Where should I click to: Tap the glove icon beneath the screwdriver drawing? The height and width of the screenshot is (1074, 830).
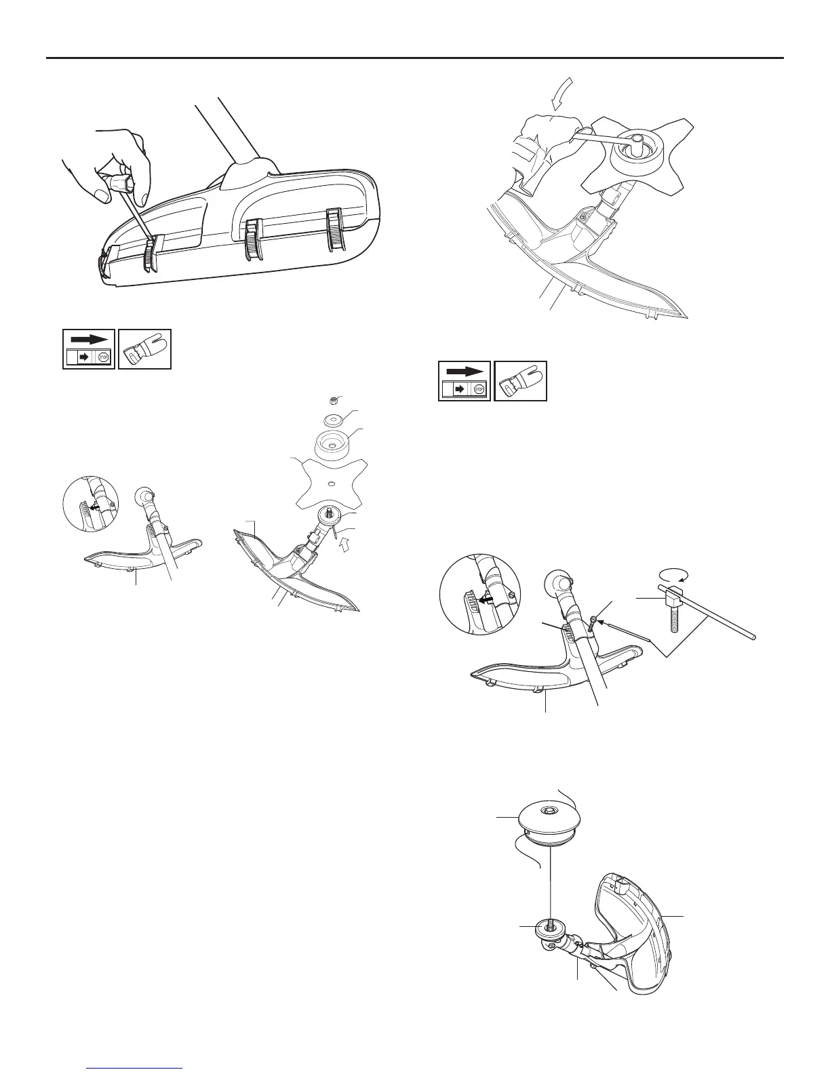coord(144,349)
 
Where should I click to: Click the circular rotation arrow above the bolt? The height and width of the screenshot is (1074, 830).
coord(673,574)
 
